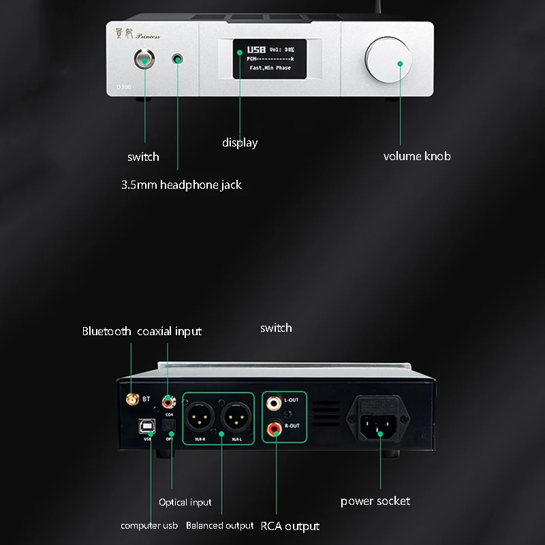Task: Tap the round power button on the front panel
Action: [x=145, y=61]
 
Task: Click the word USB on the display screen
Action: [x=257, y=50]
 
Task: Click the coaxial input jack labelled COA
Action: [x=167, y=401]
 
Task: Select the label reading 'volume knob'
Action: [x=417, y=156]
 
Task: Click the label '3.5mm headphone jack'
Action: [x=181, y=185]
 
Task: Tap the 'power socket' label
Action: [x=375, y=501]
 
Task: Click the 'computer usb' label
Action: [x=149, y=525]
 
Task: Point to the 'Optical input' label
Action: [x=185, y=502]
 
